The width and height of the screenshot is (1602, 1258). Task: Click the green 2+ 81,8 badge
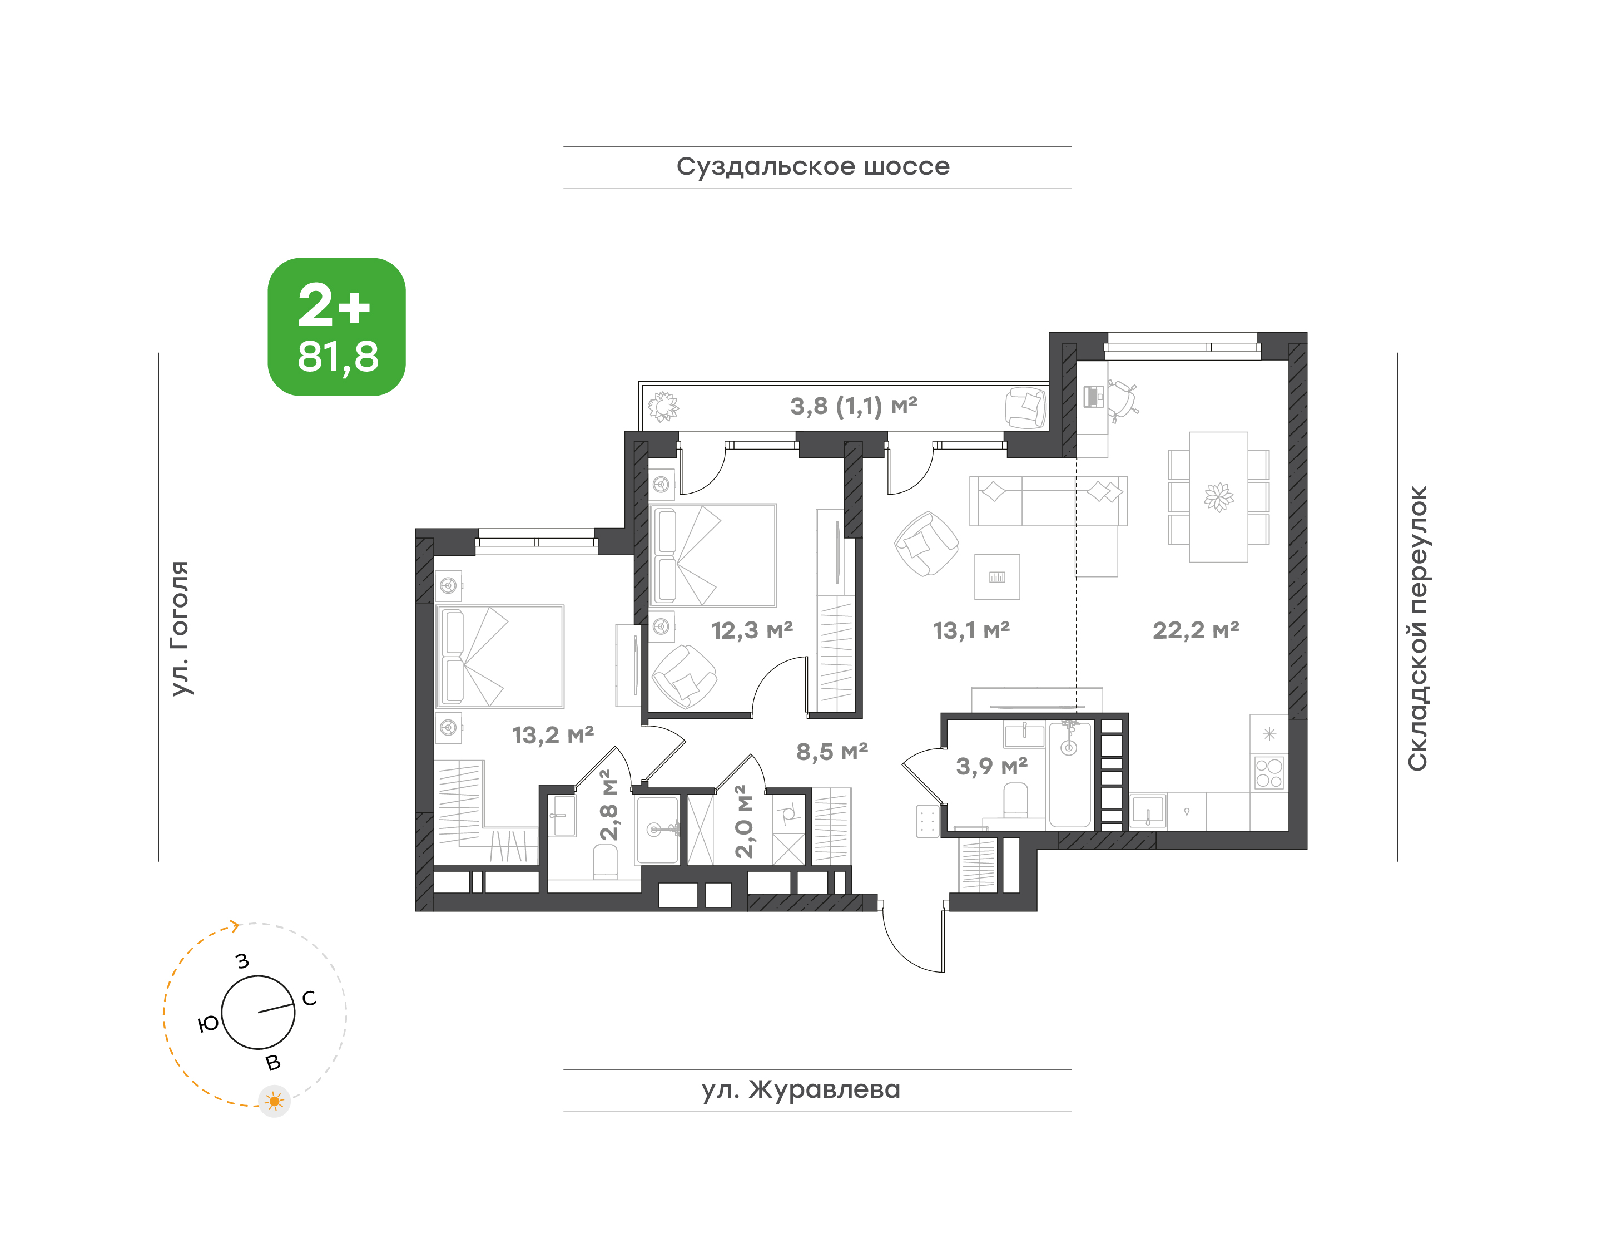click(336, 327)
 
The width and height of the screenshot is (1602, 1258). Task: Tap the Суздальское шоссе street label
click(813, 167)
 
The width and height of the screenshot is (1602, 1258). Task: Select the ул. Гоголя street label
click(180, 628)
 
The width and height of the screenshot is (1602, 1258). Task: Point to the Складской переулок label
click(1417, 628)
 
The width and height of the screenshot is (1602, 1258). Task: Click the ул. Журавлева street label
click(801, 1089)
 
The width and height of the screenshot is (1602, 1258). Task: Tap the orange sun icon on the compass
click(275, 1102)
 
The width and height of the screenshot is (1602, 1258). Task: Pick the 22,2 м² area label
click(1196, 630)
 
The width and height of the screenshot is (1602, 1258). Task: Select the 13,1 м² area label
click(971, 630)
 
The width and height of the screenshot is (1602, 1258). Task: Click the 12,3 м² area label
click(752, 630)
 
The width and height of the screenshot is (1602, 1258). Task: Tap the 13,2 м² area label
click(552, 735)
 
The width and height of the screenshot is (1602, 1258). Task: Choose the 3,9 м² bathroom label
click(991, 767)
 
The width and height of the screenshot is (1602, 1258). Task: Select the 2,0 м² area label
click(745, 821)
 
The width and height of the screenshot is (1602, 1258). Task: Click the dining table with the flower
click(1218, 497)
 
